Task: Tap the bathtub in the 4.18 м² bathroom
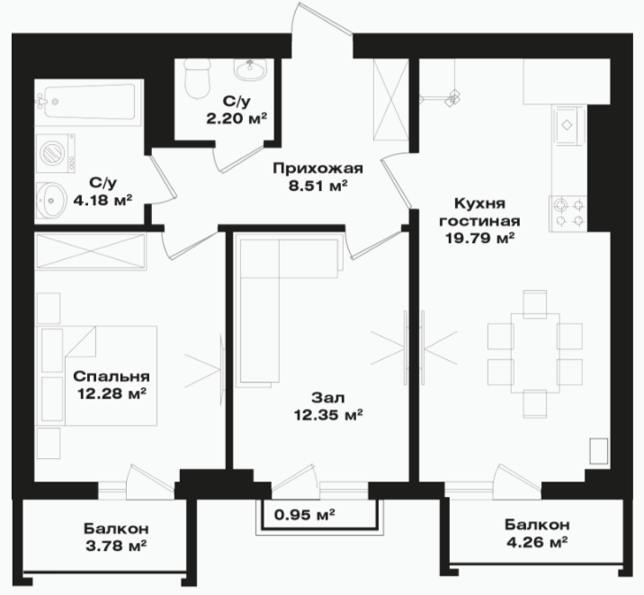click(90, 102)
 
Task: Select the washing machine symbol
click(56, 153)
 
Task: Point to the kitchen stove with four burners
click(568, 212)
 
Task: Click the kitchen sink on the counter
click(568, 125)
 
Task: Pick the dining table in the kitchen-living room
click(535, 354)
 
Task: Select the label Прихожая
click(318, 168)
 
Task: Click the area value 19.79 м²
click(480, 238)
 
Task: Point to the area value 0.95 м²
click(304, 514)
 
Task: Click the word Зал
click(328, 398)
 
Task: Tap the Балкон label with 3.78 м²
click(116, 528)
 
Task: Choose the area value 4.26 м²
click(537, 543)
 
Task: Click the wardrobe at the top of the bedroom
click(91, 251)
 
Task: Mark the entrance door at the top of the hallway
click(322, 19)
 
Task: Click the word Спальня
click(112, 376)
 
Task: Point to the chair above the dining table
click(535, 304)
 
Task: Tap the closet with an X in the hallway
click(391, 99)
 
